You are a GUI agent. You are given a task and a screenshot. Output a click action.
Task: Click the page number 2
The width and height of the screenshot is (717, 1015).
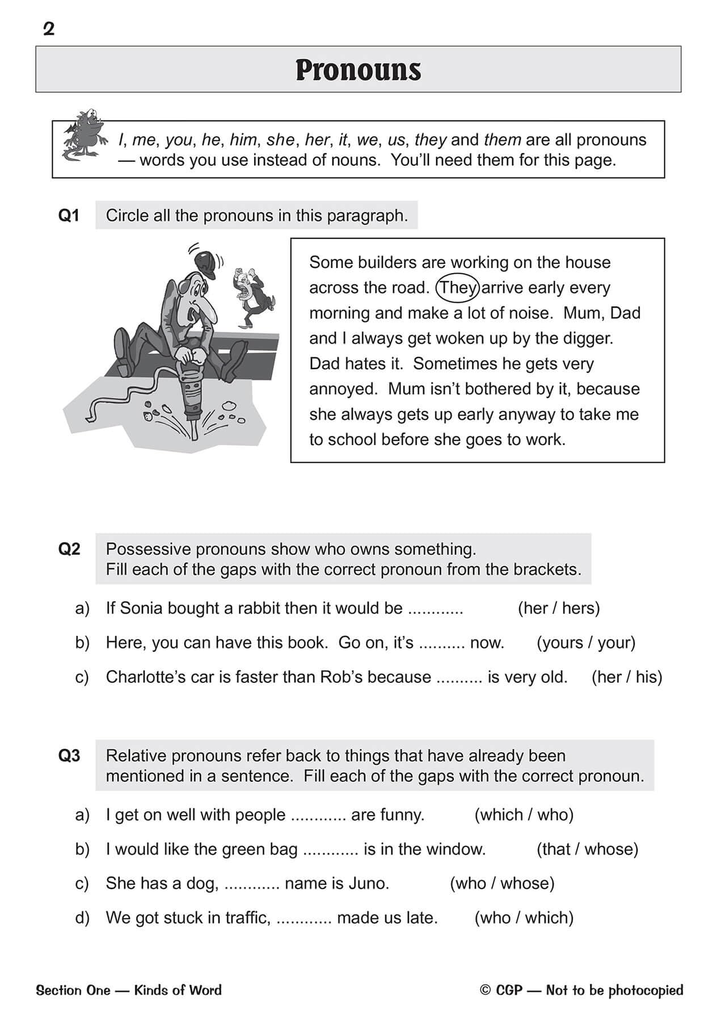pos(49,29)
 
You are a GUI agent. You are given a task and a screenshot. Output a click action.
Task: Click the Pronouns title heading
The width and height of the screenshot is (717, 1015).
pos(358,70)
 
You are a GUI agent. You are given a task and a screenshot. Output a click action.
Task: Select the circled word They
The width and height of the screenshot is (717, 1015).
pos(458,288)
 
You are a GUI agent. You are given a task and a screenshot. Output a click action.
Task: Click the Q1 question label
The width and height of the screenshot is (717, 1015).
pos(69,216)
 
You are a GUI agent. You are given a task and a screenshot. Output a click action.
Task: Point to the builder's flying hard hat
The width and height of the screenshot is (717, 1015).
pos(205,264)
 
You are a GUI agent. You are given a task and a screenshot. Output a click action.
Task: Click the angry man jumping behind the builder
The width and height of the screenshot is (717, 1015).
pos(252,295)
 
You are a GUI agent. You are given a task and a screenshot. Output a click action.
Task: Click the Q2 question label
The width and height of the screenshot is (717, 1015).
pos(69,549)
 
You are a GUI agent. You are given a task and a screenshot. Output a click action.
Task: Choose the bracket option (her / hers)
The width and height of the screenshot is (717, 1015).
pos(558,608)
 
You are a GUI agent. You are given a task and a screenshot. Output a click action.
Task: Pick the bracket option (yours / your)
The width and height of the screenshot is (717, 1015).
pos(585,643)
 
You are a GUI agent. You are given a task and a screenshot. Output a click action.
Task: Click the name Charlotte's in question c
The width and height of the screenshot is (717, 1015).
pos(146,677)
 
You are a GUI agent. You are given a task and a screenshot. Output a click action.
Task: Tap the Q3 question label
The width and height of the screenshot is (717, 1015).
pos(69,756)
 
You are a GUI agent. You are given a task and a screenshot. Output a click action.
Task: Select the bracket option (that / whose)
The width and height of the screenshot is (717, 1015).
pos(587,849)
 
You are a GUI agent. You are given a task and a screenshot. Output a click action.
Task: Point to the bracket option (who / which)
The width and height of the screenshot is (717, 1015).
pos(524,917)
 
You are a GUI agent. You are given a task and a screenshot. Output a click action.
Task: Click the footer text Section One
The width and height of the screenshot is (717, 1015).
pos(73,991)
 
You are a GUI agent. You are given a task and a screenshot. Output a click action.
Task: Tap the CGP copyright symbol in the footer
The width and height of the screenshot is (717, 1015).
pos(485,991)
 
